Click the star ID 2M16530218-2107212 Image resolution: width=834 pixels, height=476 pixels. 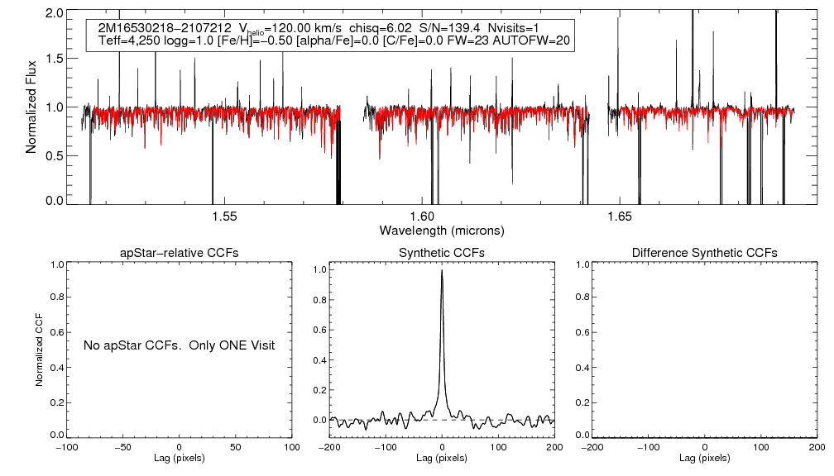point(159,26)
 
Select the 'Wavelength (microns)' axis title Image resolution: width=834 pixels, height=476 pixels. point(442,230)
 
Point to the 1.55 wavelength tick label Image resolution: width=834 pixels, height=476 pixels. point(224,217)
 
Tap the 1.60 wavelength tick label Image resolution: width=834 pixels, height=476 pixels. point(422,217)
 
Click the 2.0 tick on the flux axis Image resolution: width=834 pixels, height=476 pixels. point(55,14)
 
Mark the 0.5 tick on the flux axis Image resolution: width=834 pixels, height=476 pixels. point(55,155)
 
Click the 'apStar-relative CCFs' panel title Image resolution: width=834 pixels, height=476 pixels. point(180,252)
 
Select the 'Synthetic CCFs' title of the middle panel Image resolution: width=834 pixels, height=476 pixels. point(442,252)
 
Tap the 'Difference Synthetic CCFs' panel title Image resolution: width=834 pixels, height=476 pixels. point(704,252)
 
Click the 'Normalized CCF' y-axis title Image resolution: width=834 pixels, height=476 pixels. point(39,350)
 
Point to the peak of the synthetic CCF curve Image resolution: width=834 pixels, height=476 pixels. point(443,270)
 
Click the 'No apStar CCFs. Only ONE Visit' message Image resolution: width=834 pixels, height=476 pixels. point(179,345)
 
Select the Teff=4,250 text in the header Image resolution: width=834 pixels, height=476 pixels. point(126,40)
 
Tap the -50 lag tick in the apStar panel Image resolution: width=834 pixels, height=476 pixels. point(122,447)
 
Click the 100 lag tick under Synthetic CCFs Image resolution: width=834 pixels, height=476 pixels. point(498,447)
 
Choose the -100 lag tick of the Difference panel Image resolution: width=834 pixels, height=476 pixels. point(647,447)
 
